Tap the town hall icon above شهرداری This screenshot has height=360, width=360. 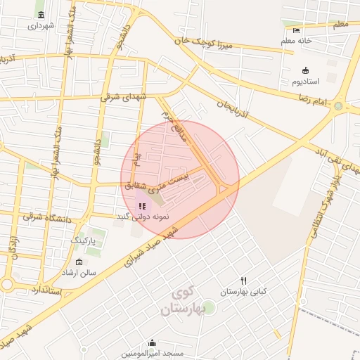[x=41, y=15]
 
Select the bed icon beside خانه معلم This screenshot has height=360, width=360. [x=296, y=30]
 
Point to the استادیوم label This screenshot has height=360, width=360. [x=306, y=81]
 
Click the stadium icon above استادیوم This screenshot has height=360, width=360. [x=305, y=70]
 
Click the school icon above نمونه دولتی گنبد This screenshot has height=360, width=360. [x=142, y=207]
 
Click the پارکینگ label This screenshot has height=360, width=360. [x=86, y=240]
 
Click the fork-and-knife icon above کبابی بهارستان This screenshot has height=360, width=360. [x=243, y=281]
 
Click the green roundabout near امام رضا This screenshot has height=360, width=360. [x=338, y=106]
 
